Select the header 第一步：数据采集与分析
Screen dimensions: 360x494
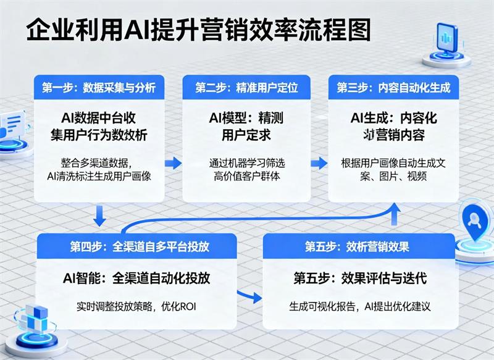[98, 88]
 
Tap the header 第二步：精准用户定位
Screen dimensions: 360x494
[246, 88]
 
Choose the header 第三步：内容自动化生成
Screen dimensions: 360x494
[393, 88]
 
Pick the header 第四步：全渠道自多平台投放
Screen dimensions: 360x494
[140, 247]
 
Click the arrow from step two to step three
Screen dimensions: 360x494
[319, 163]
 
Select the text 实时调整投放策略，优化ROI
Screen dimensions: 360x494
[140, 306]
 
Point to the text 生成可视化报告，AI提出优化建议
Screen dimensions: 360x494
[360, 306]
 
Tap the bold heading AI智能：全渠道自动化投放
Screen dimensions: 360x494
[137, 278]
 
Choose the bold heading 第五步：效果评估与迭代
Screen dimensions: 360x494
[360, 278]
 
